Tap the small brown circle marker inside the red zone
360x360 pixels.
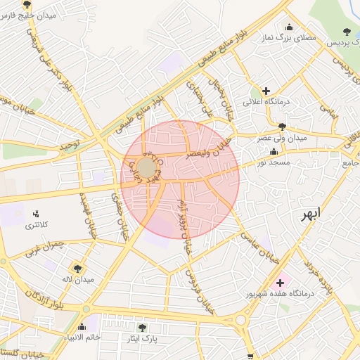(x=146, y=168)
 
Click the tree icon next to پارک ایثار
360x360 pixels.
(x=143, y=328)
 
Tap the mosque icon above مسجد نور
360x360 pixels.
(x=274, y=151)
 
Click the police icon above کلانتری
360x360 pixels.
(x=37, y=213)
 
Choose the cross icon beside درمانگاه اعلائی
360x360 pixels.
(x=266, y=91)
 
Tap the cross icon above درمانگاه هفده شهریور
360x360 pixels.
(x=280, y=282)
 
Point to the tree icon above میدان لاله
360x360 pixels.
(x=77, y=268)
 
